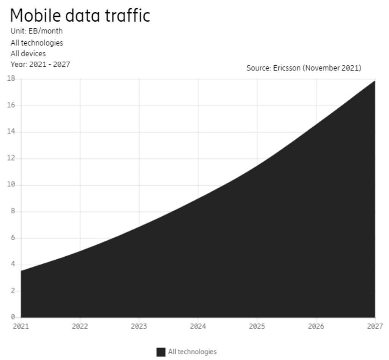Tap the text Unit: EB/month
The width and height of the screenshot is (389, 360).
pyautogui.click(x=37, y=31)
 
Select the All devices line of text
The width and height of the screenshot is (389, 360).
pyautogui.click(x=28, y=54)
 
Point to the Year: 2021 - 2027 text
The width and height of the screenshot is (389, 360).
pyautogui.click(x=40, y=64)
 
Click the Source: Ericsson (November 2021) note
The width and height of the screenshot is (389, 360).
pyautogui.click(x=304, y=68)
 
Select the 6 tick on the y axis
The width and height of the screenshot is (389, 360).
pyautogui.click(x=13, y=238)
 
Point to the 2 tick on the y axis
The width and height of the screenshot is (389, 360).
pyautogui.click(x=13, y=291)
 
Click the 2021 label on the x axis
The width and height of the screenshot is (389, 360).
pyautogui.click(x=21, y=326)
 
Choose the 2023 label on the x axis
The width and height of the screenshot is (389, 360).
pyautogui.click(x=139, y=326)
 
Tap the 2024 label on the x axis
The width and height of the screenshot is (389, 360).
pyautogui.click(x=198, y=326)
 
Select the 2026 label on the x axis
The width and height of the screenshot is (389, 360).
pyautogui.click(x=316, y=326)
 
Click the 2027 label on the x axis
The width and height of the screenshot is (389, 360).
pyautogui.click(x=375, y=326)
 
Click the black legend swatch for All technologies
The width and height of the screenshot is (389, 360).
pyautogui.click(x=161, y=352)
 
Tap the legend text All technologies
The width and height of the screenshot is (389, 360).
pyautogui.click(x=192, y=352)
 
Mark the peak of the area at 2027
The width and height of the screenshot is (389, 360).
pyautogui.click(x=375, y=81)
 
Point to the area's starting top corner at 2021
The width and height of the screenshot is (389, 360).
pyautogui.click(x=21, y=271)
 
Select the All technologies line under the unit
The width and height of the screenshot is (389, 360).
pyautogui.click(x=37, y=43)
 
